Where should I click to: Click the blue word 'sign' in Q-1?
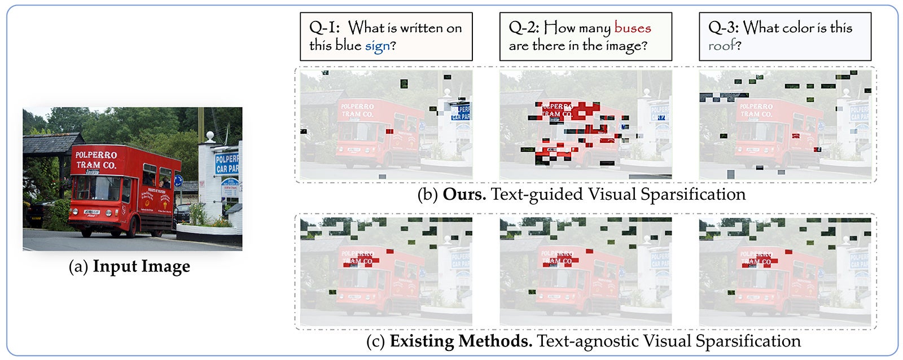point(377,46)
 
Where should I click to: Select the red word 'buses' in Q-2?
point(632,28)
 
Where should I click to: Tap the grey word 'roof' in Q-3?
point(722,46)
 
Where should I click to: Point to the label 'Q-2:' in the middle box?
point(524,28)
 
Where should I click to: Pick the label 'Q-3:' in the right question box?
point(723,28)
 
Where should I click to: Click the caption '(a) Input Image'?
point(129,266)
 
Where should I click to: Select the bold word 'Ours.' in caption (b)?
point(464,194)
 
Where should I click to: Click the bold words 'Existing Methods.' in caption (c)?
point(461,341)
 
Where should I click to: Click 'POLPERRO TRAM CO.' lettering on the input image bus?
point(96,160)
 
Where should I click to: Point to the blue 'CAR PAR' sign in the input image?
point(227,164)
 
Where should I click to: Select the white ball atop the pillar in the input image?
point(211,136)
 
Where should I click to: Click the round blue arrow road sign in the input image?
point(178,181)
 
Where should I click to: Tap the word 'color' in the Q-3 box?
point(812,28)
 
